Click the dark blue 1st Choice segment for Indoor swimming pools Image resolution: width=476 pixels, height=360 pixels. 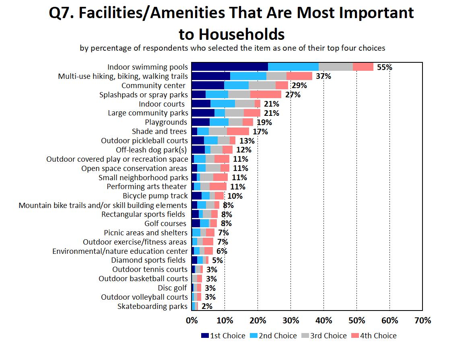coord(229,67)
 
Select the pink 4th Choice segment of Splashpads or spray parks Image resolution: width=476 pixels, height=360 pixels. coord(266,95)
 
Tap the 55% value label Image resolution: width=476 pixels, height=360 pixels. coord(384,67)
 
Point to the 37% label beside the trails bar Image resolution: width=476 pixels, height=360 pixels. coord(323,76)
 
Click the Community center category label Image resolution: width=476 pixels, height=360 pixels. coord(153,85)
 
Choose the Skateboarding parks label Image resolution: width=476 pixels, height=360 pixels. coord(152,307)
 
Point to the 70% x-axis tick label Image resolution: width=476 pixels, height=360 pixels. coord(422,321)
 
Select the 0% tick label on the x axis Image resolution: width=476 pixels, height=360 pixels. coord(192,321)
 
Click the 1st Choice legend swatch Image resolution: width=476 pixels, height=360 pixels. coord(205,336)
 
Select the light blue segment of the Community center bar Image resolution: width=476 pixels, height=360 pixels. coord(236,85)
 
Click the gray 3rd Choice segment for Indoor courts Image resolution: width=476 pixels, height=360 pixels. coord(245,104)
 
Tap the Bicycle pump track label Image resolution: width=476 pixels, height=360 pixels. coord(155,196)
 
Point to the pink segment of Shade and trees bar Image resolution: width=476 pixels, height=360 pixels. coord(238,132)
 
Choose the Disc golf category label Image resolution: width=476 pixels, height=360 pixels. coord(173,288)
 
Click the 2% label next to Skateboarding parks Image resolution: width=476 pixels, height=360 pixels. coord(207,307)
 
